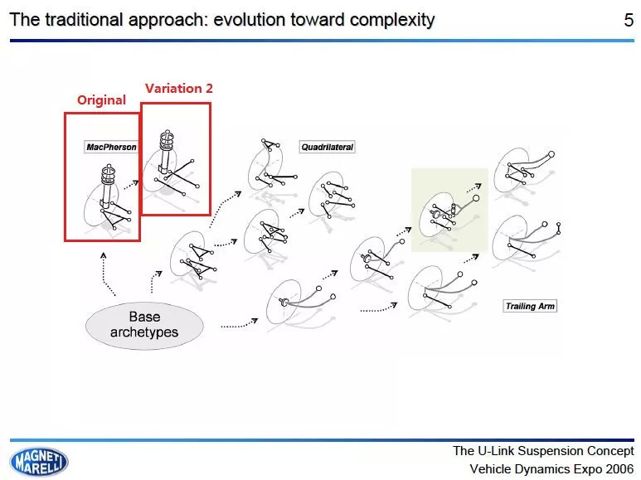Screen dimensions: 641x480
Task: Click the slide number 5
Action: (x=629, y=20)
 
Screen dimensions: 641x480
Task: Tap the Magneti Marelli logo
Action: (x=39, y=462)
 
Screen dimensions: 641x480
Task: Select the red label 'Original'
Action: (x=101, y=100)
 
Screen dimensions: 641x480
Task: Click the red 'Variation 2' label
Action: (x=178, y=89)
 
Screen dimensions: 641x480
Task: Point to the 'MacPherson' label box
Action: (x=111, y=148)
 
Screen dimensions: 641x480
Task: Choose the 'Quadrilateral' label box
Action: (x=327, y=148)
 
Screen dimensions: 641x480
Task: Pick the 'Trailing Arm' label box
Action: (x=530, y=306)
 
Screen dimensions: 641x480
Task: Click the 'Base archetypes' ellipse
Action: (x=145, y=326)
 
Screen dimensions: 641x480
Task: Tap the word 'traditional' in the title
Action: (x=84, y=20)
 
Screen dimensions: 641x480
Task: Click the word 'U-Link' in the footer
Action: (x=497, y=451)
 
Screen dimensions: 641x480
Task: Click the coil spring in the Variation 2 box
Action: (x=167, y=140)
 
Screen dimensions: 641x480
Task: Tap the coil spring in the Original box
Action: (x=109, y=175)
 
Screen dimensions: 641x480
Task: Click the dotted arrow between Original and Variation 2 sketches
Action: (x=131, y=185)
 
